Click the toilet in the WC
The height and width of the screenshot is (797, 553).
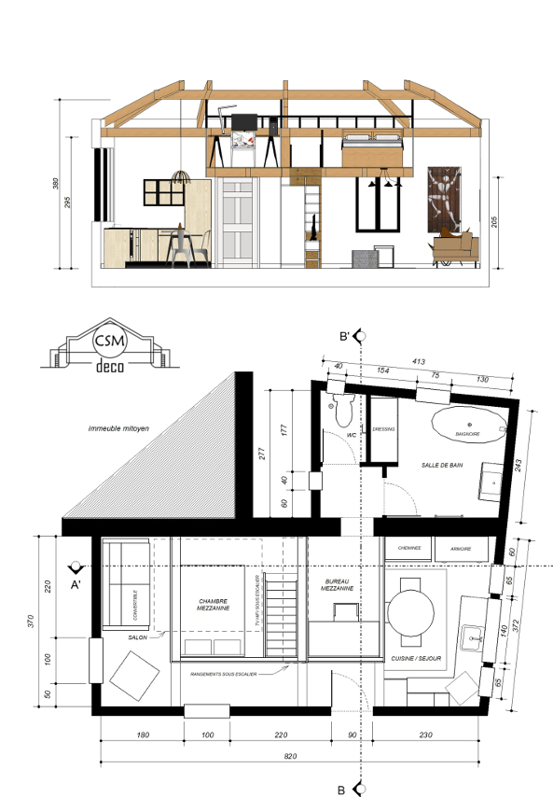[340, 407]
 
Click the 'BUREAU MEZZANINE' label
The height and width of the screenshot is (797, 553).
[338, 585]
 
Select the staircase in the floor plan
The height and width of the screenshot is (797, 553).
[281, 616]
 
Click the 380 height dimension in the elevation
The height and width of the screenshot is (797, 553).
[56, 184]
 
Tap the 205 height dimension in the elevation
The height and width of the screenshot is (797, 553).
[504, 222]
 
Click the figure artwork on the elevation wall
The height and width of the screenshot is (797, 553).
[444, 201]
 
